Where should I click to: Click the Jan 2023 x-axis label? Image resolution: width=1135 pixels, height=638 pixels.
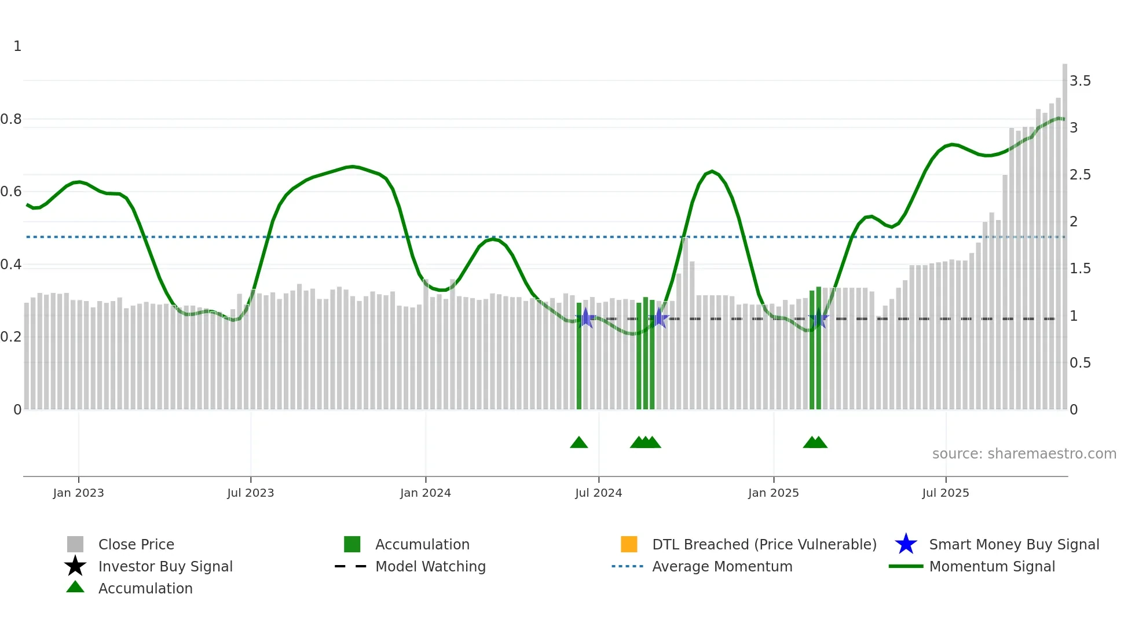tap(78, 493)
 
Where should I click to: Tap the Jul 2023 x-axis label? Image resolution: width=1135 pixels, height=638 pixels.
tap(250, 493)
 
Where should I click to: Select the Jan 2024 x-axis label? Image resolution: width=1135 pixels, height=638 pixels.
tap(425, 493)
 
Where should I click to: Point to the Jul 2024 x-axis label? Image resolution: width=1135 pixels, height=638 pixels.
tap(598, 493)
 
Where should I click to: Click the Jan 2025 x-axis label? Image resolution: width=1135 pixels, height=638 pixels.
tap(773, 493)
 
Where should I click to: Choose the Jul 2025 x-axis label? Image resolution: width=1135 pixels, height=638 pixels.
tap(945, 493)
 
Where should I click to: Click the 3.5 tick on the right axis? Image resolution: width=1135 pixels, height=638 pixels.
tap(1080, 81)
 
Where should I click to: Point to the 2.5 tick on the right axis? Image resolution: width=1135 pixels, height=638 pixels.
tap(1080, 175)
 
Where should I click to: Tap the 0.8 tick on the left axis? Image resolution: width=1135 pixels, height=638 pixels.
tap(11, 119)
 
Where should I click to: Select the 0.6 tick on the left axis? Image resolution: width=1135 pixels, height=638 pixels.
tap(11, 192)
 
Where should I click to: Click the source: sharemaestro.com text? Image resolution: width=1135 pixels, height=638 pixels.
tap(1024, 454)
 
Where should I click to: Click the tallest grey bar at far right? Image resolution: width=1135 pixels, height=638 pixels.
tap(1064, 232)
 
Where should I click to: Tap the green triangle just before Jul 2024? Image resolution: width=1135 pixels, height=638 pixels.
tap(579, 443)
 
